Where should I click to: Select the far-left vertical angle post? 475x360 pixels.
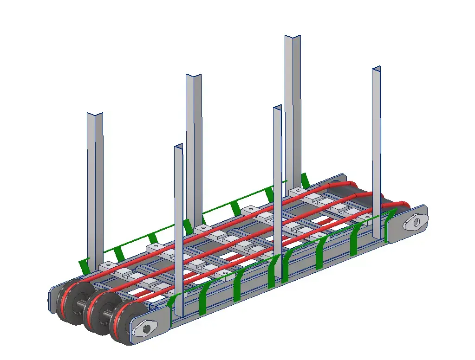[95, 186]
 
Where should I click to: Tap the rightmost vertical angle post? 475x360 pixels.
[376, 153]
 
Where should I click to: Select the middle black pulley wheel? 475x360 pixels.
[97, 314]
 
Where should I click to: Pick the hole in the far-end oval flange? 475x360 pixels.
[416, 222]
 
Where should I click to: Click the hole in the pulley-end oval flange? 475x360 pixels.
[147, 329]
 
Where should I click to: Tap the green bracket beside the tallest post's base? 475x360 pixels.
[305, 180]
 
